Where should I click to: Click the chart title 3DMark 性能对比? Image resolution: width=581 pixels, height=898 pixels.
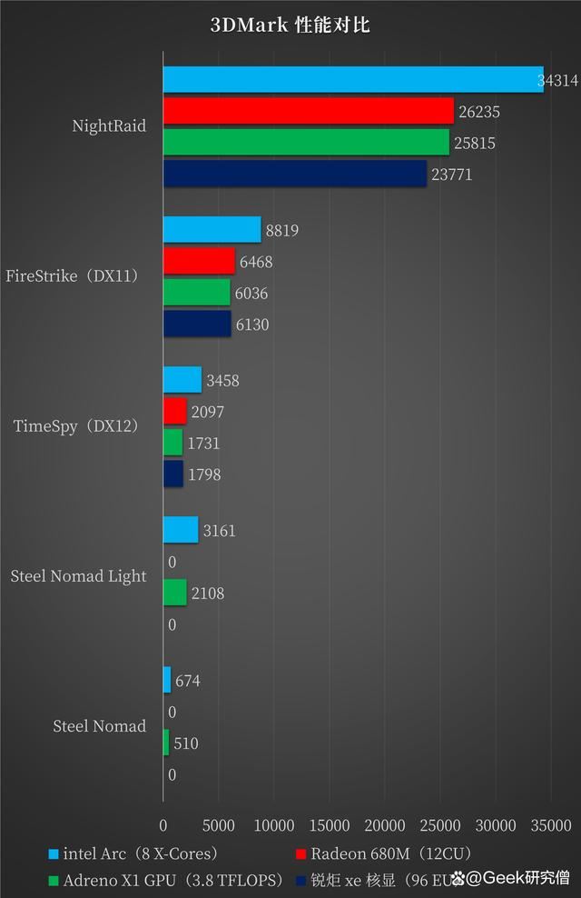point(290,25)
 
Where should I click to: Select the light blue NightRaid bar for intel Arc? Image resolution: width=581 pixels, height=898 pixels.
point(352,80)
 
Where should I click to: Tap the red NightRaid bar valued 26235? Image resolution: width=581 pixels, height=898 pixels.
point(308,112)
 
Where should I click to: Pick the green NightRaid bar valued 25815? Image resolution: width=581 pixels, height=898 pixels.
point(306,143)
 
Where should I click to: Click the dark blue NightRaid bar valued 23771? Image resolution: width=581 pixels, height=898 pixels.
point(294,174)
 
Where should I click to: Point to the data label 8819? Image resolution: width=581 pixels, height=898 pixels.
point(281,231)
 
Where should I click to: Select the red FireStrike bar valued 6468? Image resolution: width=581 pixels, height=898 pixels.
point(199,262)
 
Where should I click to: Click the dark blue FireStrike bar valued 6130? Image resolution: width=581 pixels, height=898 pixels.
point(197,324)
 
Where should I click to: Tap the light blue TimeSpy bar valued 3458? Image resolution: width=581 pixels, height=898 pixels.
point(182,380)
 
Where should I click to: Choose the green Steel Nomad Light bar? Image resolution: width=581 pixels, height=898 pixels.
point(174,594)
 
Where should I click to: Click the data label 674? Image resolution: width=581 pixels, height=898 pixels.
point(188,681)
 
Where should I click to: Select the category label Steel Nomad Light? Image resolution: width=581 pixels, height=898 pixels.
point(78,576)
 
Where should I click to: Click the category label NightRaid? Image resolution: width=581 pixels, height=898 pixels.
point(109,126)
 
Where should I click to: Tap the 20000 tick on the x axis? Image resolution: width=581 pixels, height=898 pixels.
point(385,825)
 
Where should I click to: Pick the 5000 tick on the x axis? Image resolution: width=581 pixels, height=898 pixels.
point(219,825)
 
